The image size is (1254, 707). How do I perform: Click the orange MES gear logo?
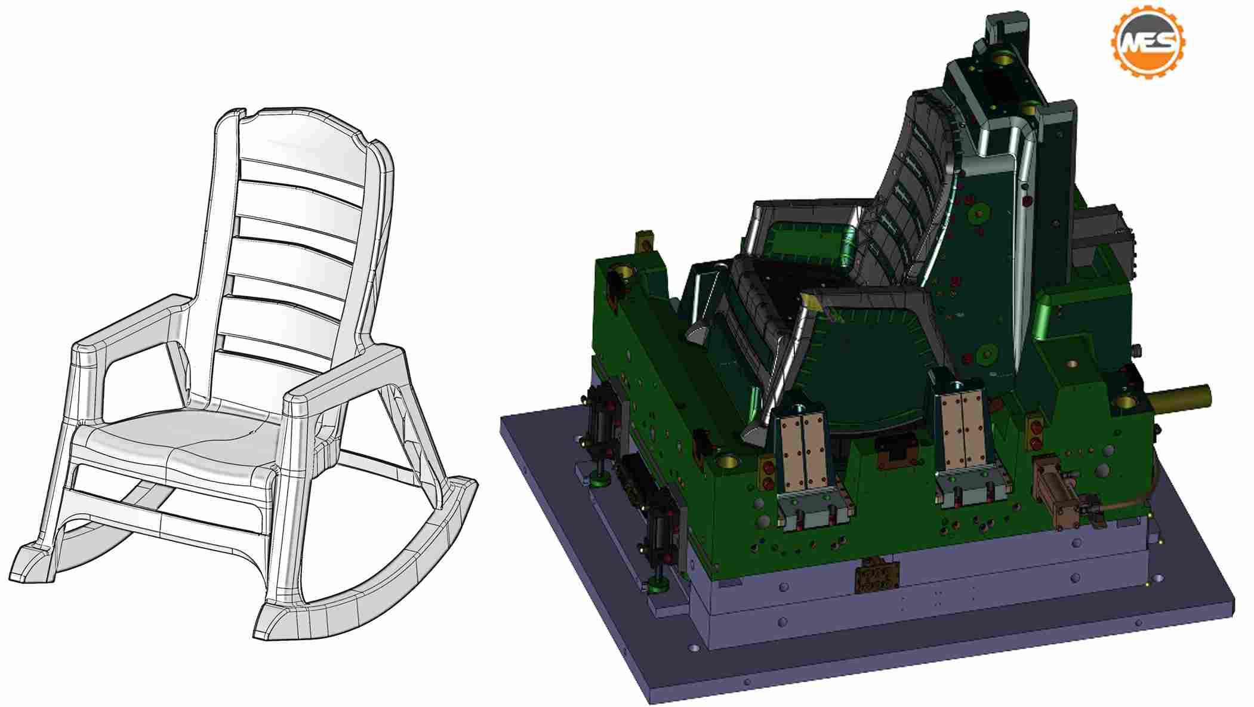click(1147, 42)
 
